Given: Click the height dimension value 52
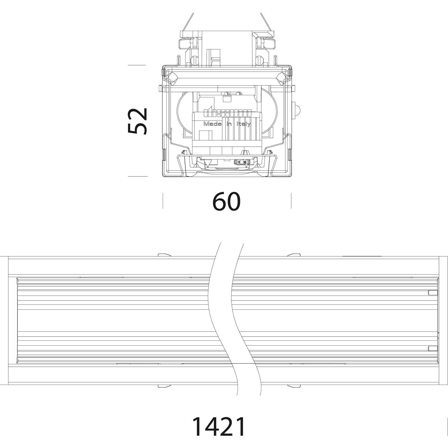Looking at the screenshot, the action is (137, 121).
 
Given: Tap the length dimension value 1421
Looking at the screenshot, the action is (218, 425).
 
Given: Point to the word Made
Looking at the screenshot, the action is (212, 124).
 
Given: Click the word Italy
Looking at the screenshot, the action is (244, 124).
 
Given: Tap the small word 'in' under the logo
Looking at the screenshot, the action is (229, 124).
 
